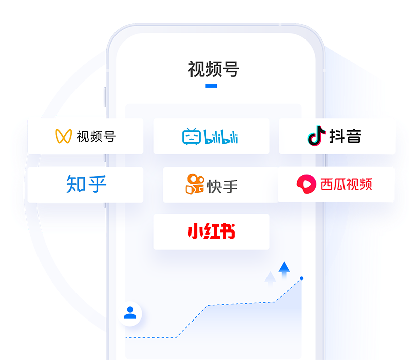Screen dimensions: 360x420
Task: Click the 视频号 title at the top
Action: click(x=213, y=69)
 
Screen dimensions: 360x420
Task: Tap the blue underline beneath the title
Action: click(x=211, y=86)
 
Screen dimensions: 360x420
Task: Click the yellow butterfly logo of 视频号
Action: click(x=63, y=136)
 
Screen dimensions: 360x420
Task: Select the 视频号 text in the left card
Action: click(x=96, y=136)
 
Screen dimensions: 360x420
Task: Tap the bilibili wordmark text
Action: click(x=220, y=137)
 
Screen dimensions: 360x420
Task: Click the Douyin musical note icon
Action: click(x=316, y=136)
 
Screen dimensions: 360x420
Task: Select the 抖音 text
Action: click(x=345, y=136)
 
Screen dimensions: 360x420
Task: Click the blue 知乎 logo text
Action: click(x=87, y=184)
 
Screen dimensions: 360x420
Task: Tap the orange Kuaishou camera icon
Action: click(x=195, y=184)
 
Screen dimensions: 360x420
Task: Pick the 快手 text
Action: click(x=222, y=186)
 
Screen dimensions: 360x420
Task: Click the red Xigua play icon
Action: click(x=306, y=184)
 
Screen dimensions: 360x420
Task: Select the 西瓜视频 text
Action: click(x=346, y=184)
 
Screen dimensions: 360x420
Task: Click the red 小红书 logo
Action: click(x=211, y=231)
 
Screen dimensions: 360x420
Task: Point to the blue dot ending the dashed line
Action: click(x=302, y=278)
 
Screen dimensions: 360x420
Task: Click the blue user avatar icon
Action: click(x=130, y=313)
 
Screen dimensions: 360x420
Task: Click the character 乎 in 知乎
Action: click(x=97, y=184)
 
